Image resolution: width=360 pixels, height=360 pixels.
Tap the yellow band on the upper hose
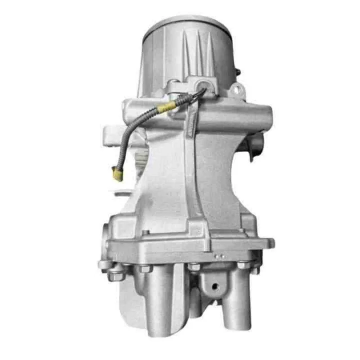coord(168,107)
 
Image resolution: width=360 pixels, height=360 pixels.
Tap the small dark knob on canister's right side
coord(238,71)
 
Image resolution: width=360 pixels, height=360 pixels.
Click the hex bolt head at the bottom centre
coord(193,267)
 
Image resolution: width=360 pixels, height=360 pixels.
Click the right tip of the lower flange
coord(270,243)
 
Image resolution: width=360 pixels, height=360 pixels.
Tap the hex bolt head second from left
coord(144,269)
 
